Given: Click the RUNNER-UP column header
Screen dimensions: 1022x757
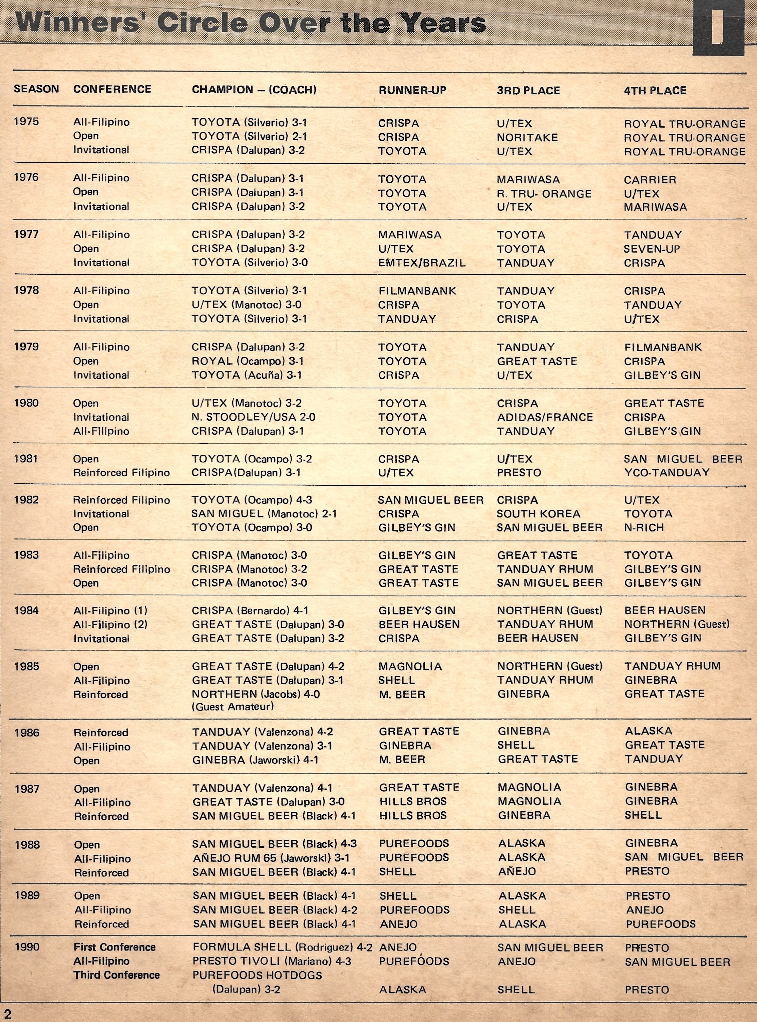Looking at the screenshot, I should (412, 90).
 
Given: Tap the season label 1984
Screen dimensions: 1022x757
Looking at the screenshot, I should (26, 610).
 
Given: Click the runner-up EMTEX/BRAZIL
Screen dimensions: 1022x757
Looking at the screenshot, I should (422, 263).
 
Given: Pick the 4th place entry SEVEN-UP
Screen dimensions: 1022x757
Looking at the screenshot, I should (652, 249).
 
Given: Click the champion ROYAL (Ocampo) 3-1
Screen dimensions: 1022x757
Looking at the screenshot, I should (248, 361).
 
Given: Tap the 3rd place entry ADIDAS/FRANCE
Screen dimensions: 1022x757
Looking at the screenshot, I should (545, 417).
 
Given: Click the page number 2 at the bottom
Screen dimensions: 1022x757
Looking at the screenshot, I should (7, 1014).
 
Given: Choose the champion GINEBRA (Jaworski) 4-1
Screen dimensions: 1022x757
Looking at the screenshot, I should (255, 760).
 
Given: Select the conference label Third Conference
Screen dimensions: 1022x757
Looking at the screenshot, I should (116, 975).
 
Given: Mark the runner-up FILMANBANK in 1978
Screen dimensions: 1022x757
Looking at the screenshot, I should (417, 291).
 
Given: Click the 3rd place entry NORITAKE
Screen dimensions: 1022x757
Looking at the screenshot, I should (527, 137).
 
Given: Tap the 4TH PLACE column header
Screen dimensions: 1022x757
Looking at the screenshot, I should (655, 91).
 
